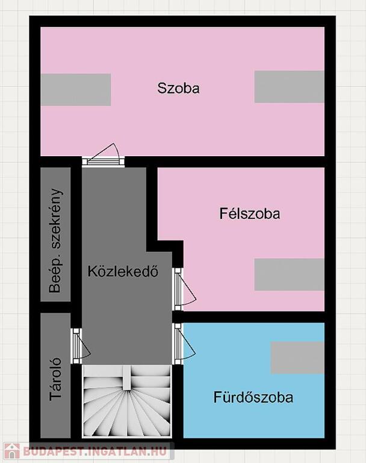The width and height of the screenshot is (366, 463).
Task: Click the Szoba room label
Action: point(178,88)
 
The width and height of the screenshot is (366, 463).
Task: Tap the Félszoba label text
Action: point(249,213)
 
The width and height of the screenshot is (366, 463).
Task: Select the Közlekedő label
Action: point(123,271)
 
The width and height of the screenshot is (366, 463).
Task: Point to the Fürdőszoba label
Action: point(253,397)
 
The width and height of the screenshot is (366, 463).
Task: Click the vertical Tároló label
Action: point(55,379)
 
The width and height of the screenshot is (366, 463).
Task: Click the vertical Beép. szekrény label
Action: point(55,241)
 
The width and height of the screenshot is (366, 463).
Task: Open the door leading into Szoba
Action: point(103,156)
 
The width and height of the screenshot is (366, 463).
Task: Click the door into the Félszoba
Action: point(184,289)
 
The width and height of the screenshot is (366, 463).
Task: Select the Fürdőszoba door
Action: point(184,344)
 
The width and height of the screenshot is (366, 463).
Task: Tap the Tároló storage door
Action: point(81,346)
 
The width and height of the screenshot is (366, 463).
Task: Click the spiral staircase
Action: point(127,401)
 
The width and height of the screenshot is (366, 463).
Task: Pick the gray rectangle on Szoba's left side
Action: point(76,90)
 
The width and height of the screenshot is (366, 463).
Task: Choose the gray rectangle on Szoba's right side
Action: point(290,87)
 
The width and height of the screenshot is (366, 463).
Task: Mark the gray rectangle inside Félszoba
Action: point(290,275)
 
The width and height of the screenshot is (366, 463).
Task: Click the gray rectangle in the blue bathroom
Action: point(297,357)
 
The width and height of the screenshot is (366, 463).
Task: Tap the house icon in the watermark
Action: point(12,452)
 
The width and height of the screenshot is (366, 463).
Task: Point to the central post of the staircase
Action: point(127,378)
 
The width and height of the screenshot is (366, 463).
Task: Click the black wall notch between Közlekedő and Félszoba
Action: point(165,246)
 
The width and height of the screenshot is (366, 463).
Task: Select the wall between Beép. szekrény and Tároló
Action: point(55,307)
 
